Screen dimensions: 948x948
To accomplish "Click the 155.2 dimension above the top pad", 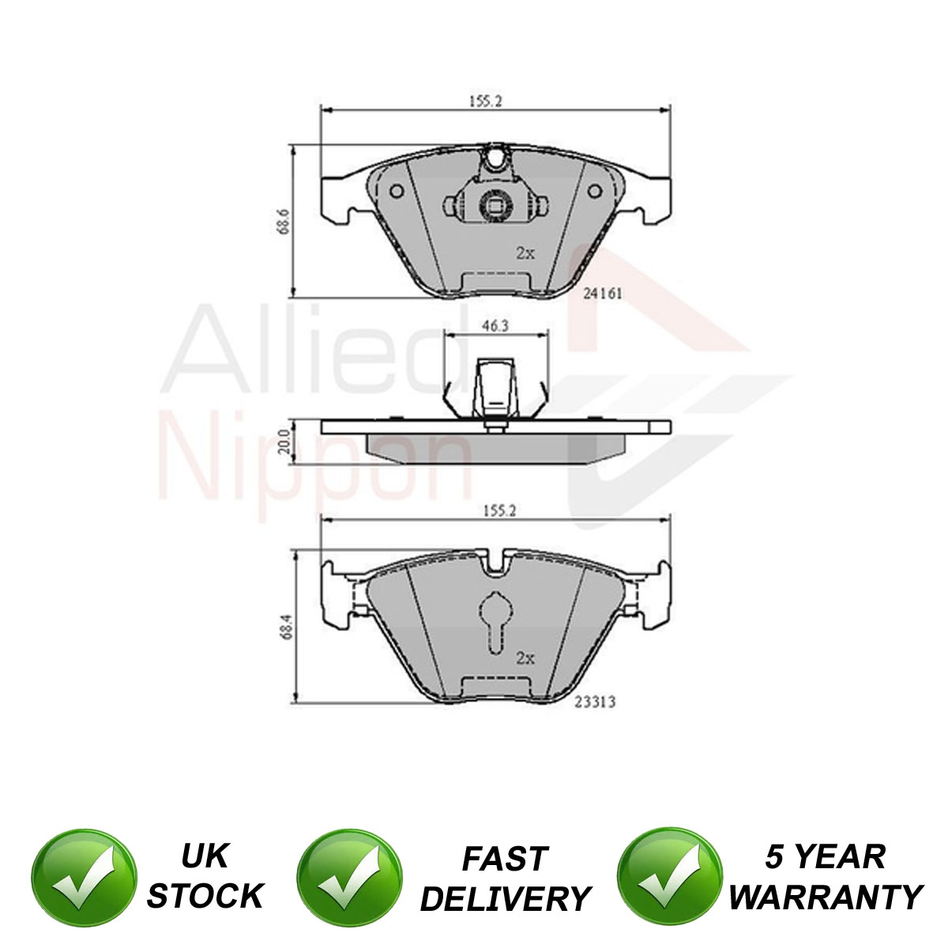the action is click(x=484, y=101).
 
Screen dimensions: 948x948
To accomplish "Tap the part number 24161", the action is click(x=603, y=294).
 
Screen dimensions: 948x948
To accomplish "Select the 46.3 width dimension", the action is click(x=495, y=325).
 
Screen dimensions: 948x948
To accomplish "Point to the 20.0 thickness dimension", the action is click(x=284, y=442).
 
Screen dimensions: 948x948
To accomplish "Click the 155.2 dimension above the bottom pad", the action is click(x=498, y=511).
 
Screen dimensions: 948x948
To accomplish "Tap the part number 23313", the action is click(x=596, y=702).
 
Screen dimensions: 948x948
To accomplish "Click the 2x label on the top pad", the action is click(x=525, y=253).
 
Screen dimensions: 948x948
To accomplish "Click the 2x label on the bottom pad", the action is click(x=525, y=658).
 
